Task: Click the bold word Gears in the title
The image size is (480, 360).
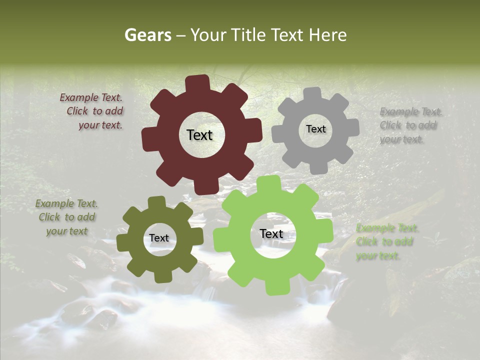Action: (x=147, y=35)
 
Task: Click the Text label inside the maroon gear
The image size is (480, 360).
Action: (x=199, y=135)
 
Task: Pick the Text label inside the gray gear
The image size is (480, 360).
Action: (x=315, y=129)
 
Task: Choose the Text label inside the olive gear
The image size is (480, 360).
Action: (x=159, y=238)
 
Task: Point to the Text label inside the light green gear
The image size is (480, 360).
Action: (x=271, y=234)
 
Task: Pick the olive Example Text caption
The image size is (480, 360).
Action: (x=67, y=217)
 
